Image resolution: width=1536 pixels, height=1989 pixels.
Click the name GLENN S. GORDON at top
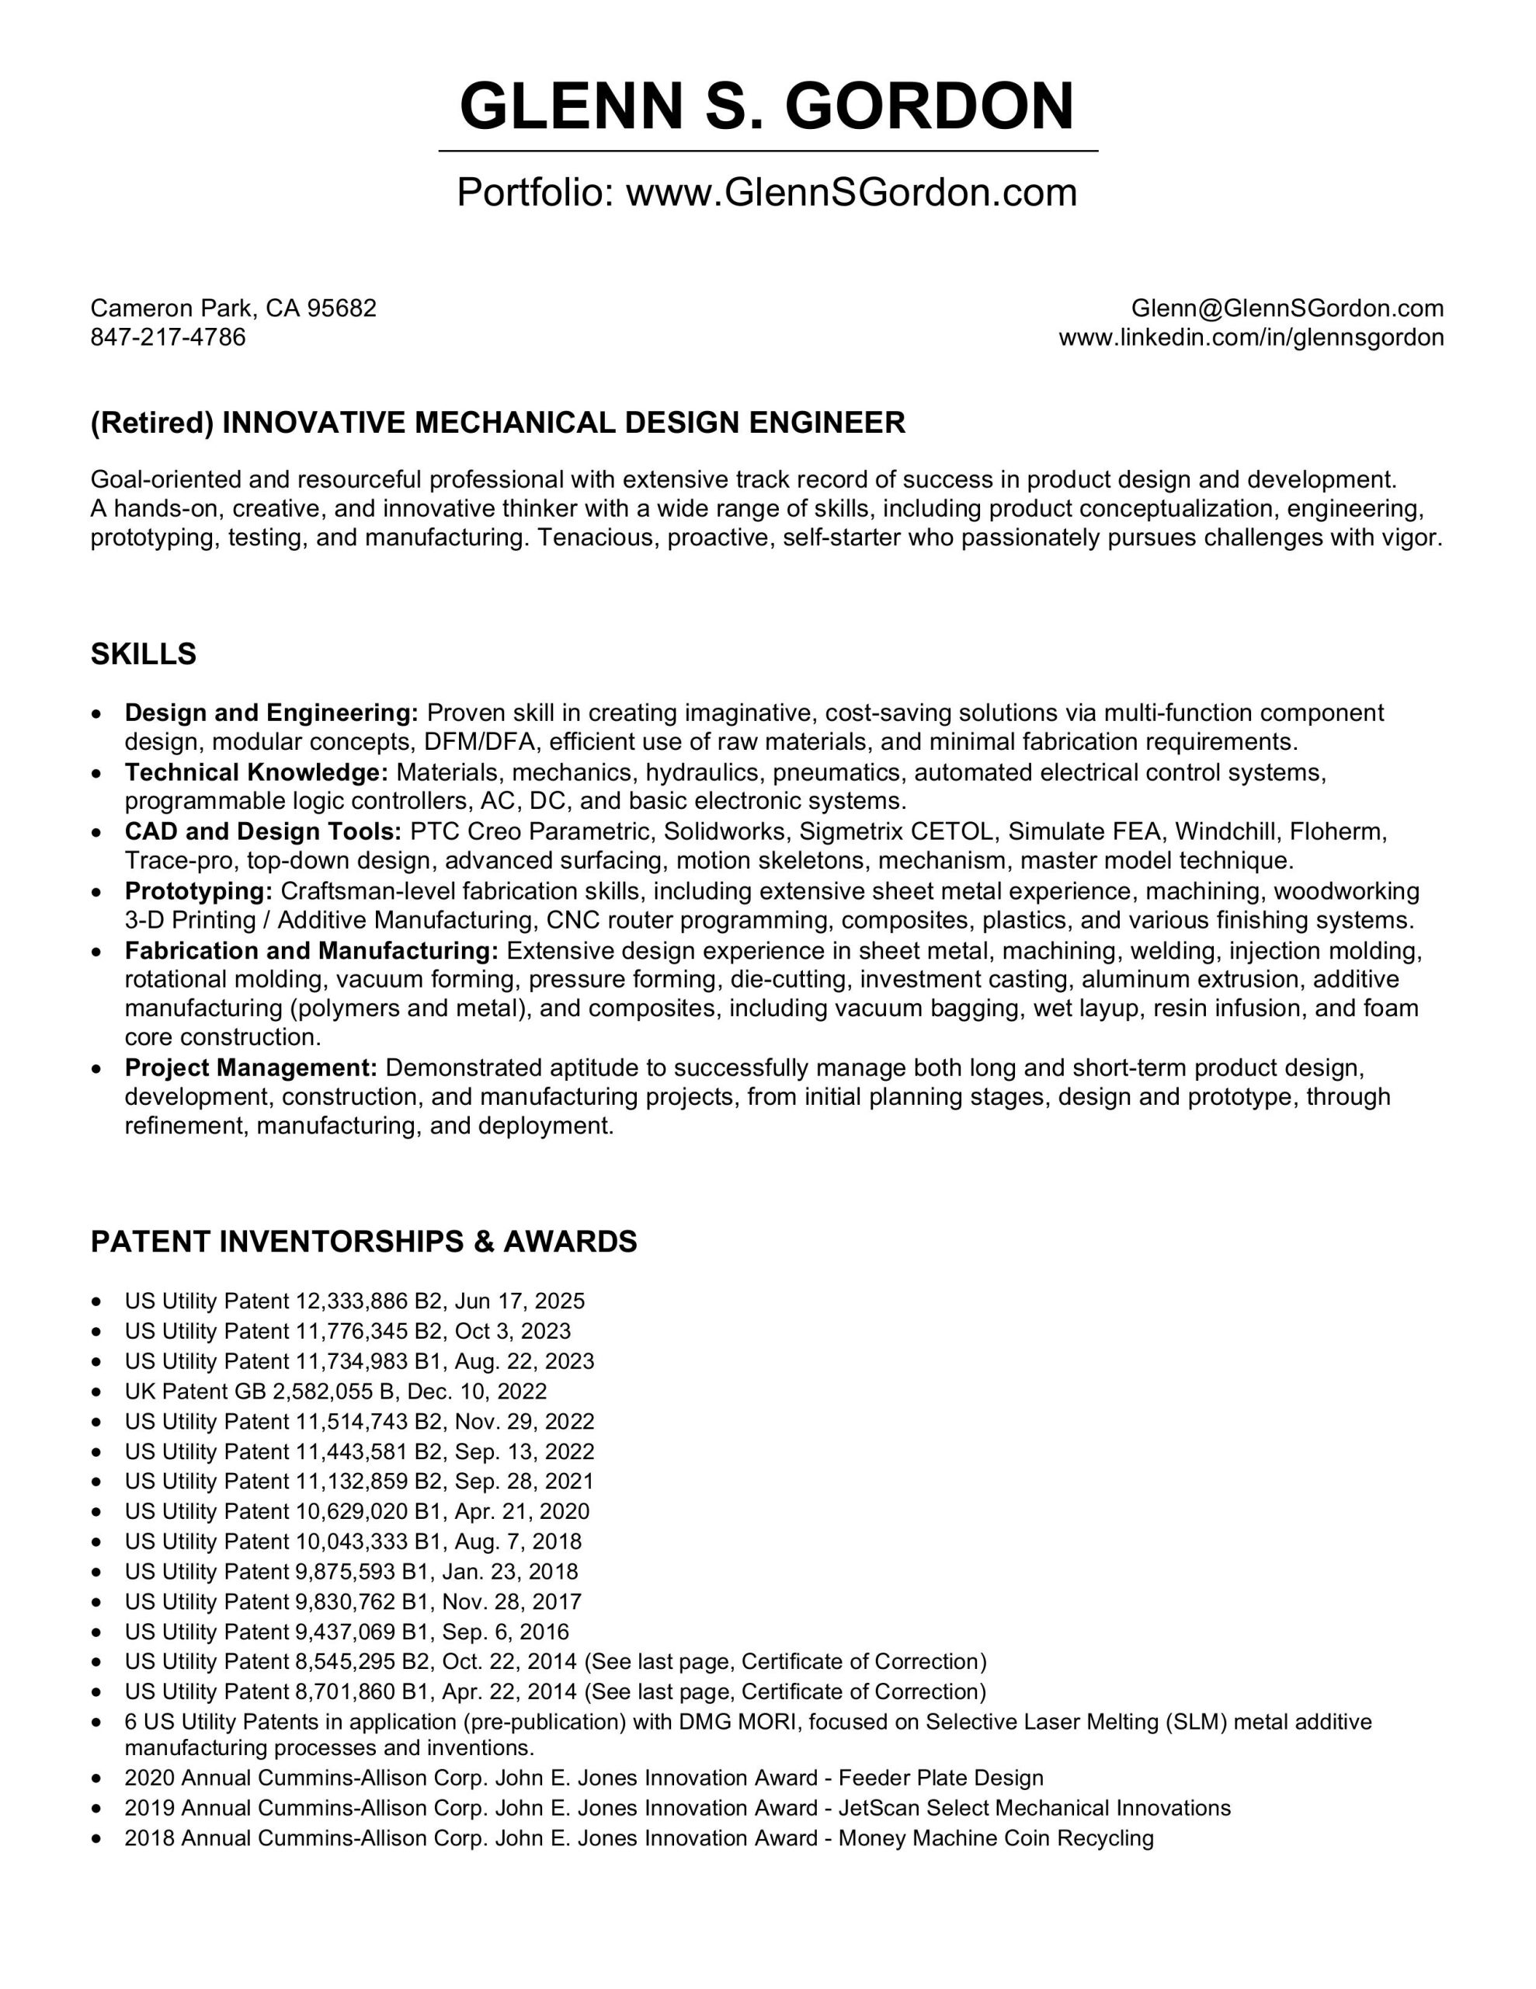[x=766, y=106]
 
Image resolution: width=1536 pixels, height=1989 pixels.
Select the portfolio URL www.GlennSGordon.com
[x=851, y=192]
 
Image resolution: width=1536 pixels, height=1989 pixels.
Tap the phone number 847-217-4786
[x=168, y=338]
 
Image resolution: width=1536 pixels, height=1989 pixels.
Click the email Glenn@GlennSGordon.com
[x=1287, y=308]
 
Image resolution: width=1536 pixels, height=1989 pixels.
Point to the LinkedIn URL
[x=1251, y=338]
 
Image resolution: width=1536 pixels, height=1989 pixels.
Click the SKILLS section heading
[x=143, y=654]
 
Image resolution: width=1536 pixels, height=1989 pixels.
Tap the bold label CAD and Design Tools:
[x=263, y=831]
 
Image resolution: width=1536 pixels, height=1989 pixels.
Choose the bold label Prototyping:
[x=199, y=890]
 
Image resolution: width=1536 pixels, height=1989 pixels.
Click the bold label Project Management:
[x=250, y=1068]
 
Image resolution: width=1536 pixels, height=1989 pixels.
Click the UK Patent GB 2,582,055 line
[x=335, y=1392]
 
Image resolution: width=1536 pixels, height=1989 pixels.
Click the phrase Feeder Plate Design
[x=940, y=1778]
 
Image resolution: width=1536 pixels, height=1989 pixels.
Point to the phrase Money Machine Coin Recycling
[x=996, y=1837]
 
